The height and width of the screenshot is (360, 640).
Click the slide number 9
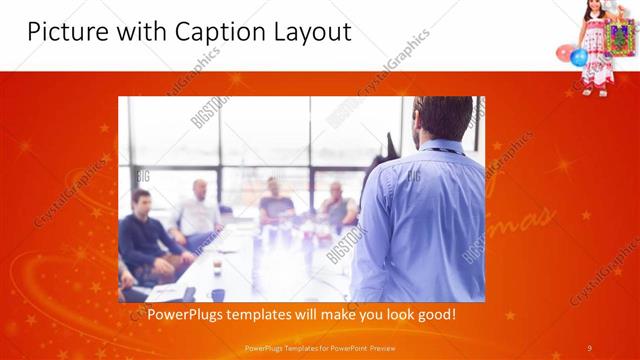click(590, 347)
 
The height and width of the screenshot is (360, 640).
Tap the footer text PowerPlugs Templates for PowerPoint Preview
click(319, 347)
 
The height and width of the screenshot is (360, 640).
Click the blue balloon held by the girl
click(579, 57)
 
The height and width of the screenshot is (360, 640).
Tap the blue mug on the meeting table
click(217, 294)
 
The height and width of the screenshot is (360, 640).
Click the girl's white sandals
click(601, 91)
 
